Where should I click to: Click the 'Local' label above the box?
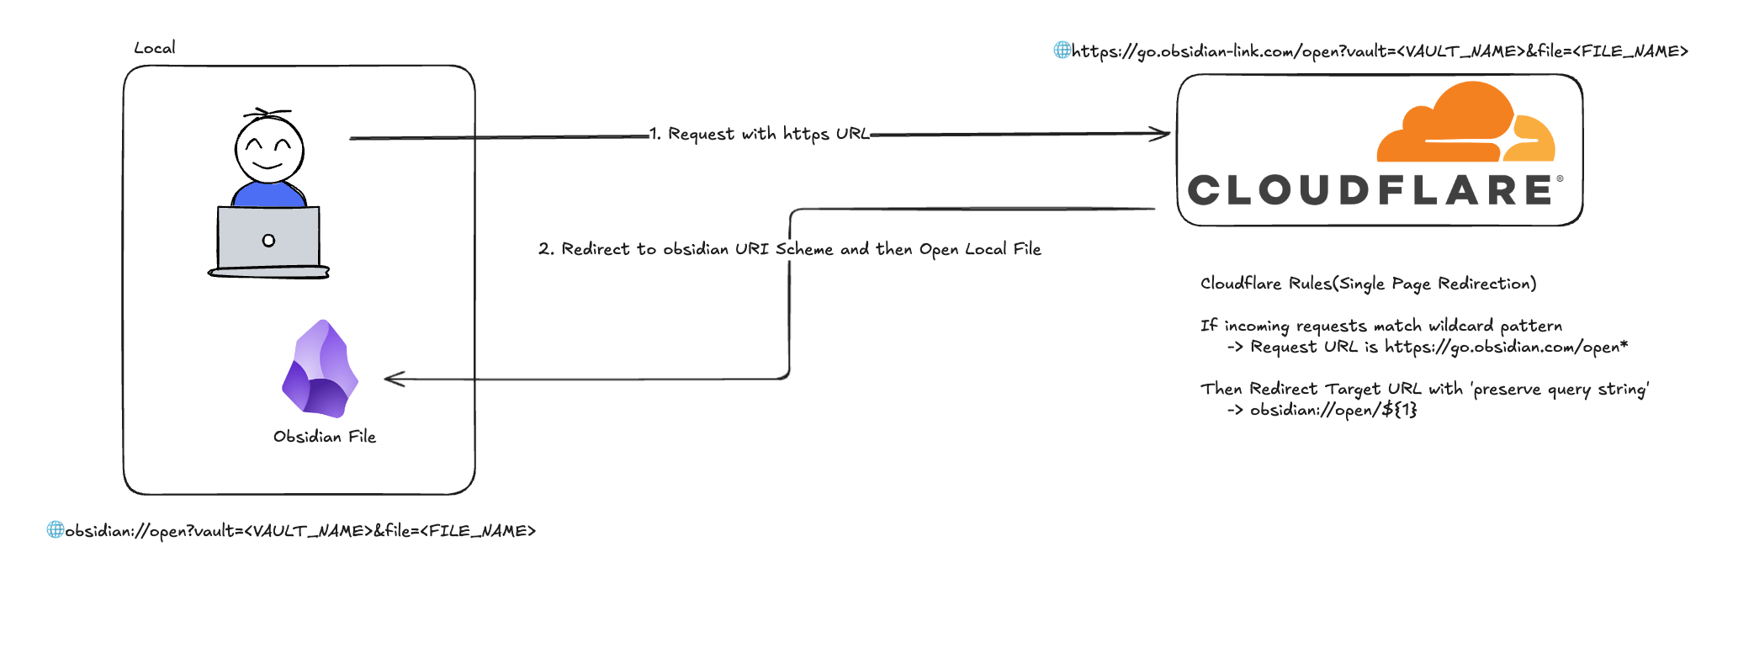(x=155, y=48)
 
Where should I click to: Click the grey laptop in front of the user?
(x=268, y=241)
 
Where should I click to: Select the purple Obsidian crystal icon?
(x=321, y=369)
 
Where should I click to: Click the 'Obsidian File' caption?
(x=325, y=437)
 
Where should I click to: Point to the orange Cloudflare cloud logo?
(x=1465, y=124)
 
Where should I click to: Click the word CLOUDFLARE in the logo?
(x=1370, y=190)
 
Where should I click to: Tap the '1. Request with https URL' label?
(x=760, y=134)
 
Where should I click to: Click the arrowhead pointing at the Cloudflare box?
(x=1162, y=133)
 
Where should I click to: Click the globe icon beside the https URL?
(x=1062, y=50)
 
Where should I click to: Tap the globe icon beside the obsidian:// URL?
(x=55, y=529)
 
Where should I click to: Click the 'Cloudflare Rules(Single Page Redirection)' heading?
(x=1368, y=284)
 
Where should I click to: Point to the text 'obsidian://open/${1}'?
(x=1333, y=410)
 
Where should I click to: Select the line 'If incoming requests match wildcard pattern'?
(x=1380, y=326)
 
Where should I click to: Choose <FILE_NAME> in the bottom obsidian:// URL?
(x=477, y=531)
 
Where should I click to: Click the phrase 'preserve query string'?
(x=1559, y=389)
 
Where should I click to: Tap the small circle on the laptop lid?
(x=268, y=241)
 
